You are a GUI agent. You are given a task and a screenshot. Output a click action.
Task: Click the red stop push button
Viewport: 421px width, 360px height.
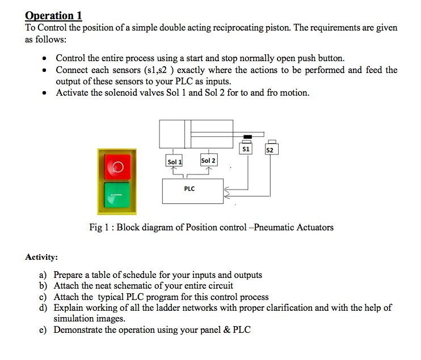(117, 166)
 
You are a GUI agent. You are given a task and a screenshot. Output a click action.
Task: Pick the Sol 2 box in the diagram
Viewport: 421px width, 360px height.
(208, 161)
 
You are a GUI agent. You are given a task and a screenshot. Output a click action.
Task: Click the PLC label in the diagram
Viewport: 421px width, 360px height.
(190, 188)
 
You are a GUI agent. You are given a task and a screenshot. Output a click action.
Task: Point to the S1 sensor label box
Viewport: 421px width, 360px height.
(246, 149)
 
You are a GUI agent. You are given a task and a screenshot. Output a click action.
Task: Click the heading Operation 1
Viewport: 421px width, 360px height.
(54, 15)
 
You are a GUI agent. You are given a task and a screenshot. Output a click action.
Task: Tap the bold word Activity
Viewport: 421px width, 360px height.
(41, 258)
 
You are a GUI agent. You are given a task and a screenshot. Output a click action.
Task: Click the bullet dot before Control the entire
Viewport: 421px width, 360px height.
(44, 59)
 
